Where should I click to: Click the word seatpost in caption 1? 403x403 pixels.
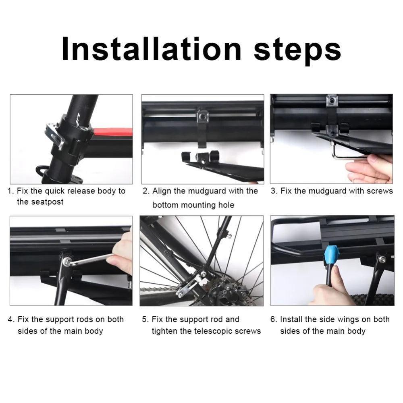pos(40,202)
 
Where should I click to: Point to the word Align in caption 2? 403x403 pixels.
pos(162,191)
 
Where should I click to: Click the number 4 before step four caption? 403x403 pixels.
pos(10,319)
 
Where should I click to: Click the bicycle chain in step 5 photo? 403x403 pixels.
pos(157,289)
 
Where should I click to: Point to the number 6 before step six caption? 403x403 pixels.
pos(273,319)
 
